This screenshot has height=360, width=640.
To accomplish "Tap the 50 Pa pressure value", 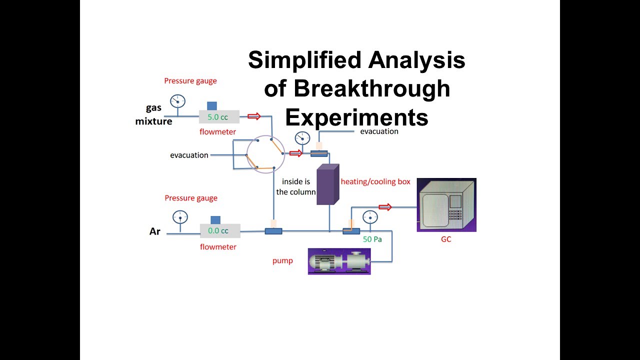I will tap(372, 239).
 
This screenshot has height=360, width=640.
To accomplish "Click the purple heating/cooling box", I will tap(327, 184).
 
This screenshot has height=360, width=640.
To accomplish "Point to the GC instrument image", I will tap(446, 205).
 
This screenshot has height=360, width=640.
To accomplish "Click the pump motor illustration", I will tap(339, 261).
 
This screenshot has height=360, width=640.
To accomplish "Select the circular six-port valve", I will tap(265, 154).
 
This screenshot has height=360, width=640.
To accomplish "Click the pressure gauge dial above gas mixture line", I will tap(177, 101).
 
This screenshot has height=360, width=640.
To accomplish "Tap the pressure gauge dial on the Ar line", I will tap(180, 217).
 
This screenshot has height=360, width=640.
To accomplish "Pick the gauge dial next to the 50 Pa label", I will tap(370, 217).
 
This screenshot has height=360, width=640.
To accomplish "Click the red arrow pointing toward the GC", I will tap(385, 206).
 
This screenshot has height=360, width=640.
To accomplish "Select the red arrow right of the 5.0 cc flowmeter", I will tap(254, 116).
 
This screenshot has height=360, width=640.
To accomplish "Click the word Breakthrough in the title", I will tap(357, 89).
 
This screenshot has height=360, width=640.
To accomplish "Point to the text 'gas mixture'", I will tap(154, 114).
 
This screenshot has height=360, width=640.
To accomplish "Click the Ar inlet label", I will tap(155, 231).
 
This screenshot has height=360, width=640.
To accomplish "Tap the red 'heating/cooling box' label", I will tap(375, 181).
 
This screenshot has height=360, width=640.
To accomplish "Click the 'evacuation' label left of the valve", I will tap(189, 155).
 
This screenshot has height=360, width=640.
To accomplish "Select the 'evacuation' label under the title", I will tap(379, 131).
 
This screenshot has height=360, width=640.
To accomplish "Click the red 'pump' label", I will tap(282, 260).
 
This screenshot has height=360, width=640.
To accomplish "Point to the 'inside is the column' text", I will tap(298, 187).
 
